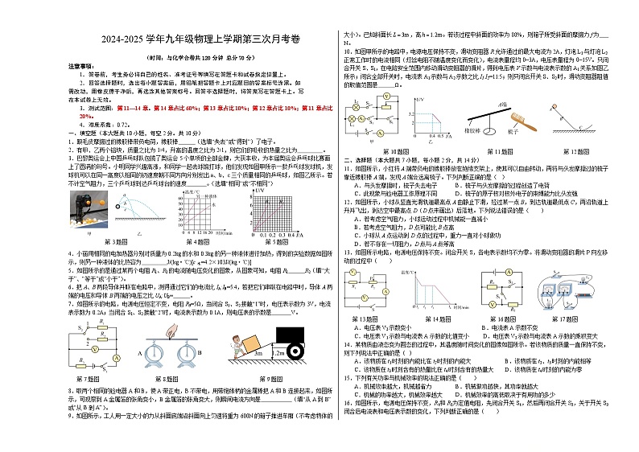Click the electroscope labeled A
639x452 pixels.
(x=156, y=351)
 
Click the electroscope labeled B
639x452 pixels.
(x=185, y=351)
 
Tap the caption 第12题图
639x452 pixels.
(x=583, y=150)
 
